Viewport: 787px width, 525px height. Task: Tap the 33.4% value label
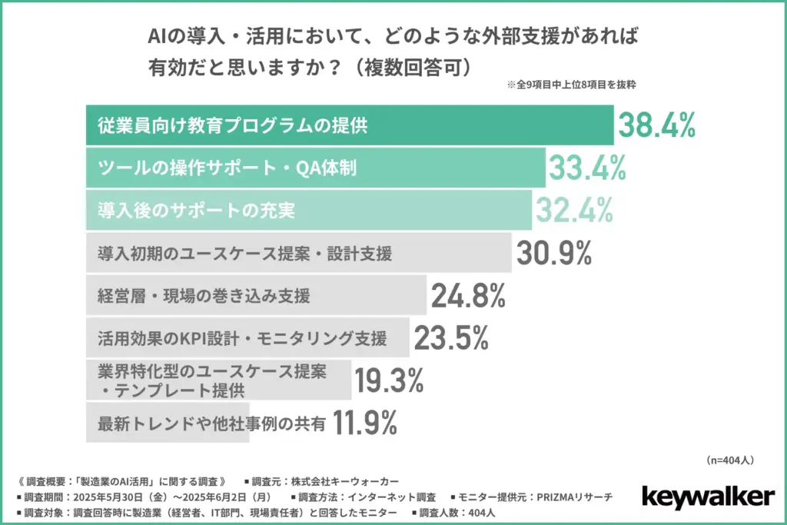click(x=586, y=168)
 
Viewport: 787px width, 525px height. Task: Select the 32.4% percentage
click(x=573, y=209)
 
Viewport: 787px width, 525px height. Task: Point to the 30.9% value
click(x=553, y=252)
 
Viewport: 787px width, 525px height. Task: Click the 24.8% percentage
click(x=467, y=294)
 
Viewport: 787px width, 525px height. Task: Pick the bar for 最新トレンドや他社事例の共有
click(x=168, y=422)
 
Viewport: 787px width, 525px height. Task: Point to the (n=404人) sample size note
click(x=729, y=460)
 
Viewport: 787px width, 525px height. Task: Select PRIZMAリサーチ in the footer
click(x=572, y=497)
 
